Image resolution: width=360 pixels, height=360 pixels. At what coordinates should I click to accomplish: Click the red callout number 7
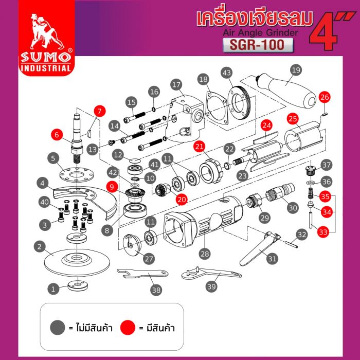coord(99,111)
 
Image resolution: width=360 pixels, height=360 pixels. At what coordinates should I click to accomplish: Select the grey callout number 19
coord(295,69)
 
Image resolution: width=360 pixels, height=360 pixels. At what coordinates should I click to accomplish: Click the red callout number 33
coord(323,232)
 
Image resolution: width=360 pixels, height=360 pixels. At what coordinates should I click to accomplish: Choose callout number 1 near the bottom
coord(52,289)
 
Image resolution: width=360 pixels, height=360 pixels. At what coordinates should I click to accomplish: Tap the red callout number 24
coord(265,125)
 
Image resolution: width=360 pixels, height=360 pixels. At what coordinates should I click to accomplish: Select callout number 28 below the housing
coord(205,254)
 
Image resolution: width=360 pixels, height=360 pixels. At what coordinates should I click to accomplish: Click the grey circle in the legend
coord(57,327)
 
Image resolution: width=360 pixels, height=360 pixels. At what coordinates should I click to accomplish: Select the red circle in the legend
coord(128,327)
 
